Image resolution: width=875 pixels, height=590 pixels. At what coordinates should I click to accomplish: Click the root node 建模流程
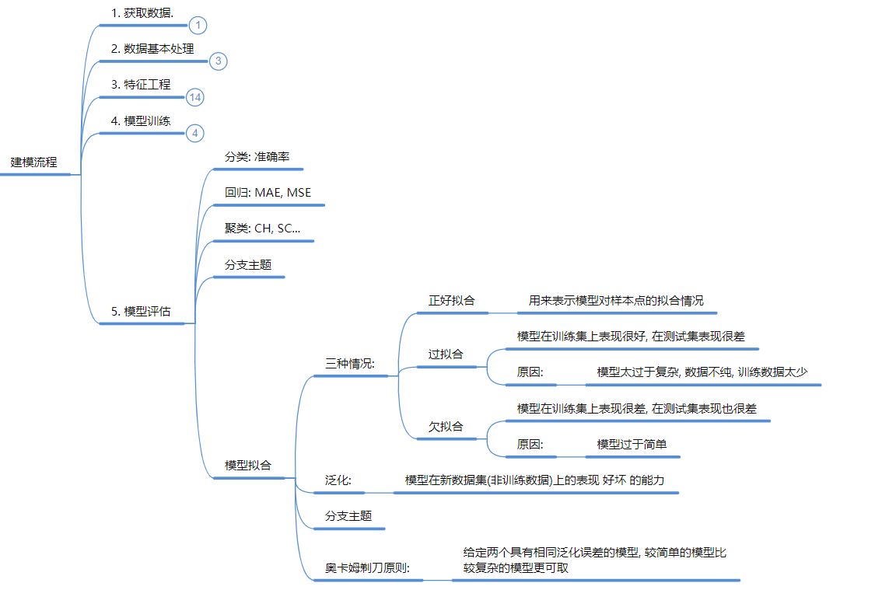(34, 162)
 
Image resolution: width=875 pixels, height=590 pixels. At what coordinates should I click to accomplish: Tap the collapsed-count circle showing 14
(195, 96)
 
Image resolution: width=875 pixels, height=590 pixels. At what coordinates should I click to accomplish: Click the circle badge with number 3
(218, 61)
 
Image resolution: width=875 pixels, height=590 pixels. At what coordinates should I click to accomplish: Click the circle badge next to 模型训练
(195, 133)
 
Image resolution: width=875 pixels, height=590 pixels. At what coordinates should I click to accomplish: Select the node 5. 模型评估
(141, 311)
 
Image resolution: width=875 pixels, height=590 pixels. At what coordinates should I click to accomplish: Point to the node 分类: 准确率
(257, 156)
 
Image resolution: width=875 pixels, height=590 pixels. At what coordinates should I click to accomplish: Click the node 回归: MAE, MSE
(268, 193)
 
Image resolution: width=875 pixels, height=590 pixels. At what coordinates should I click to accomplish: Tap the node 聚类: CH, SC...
(262, 229)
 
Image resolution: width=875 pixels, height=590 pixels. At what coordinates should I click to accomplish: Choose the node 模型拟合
(248, 465)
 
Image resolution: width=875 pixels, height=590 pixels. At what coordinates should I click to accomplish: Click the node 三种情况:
(350, 363)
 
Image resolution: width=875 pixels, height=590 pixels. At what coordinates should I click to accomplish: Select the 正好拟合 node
(451, 300)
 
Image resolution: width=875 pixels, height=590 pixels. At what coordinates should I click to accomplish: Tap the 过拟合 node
(446, 354)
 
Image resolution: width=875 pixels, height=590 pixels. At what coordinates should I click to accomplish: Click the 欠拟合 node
(446, 426)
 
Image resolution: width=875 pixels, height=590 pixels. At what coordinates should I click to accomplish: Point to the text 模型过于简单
(632, 444)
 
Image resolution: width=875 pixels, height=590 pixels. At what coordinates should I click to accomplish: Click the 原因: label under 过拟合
(530, 372)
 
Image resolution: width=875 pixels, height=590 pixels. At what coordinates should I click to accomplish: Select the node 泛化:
(338, 480)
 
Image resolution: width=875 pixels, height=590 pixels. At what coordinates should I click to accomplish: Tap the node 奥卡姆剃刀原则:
(367, 567)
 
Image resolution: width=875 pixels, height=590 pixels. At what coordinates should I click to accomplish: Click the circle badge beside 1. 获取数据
(198, 26)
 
